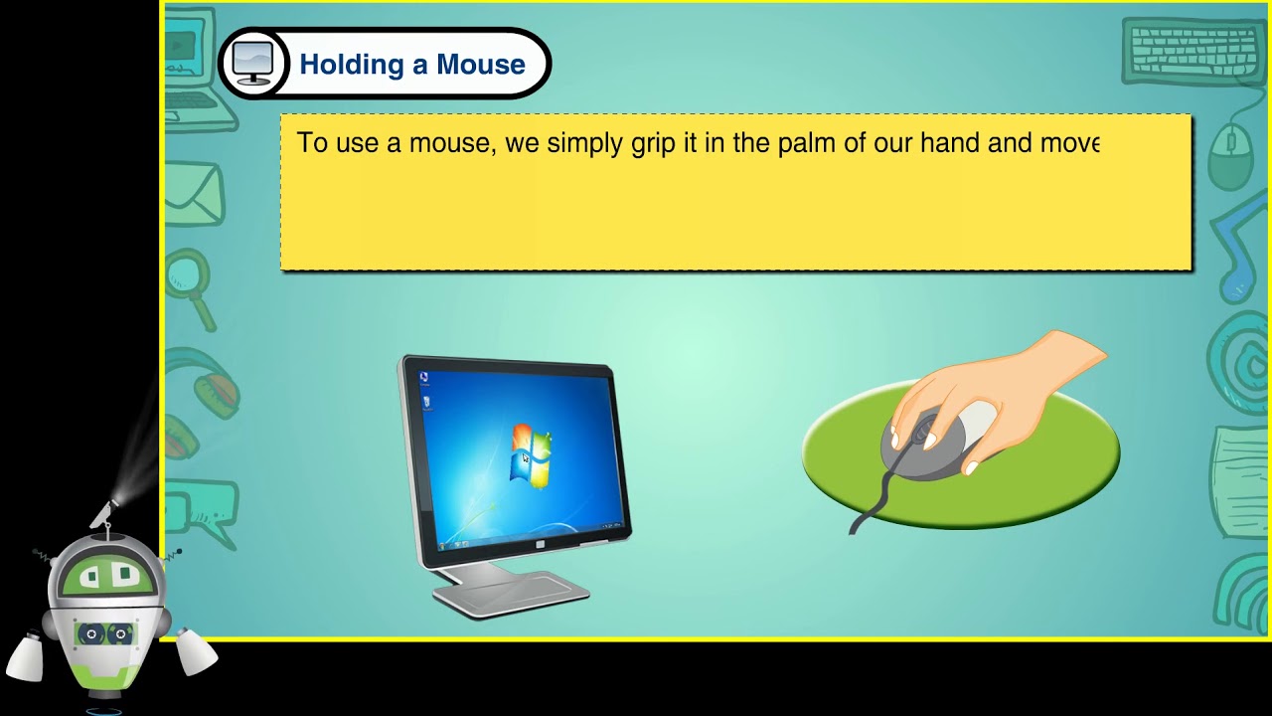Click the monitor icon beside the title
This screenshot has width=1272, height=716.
[252, 65]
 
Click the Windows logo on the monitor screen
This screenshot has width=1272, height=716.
[529, 455]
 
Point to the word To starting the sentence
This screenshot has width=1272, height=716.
[312, 143]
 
